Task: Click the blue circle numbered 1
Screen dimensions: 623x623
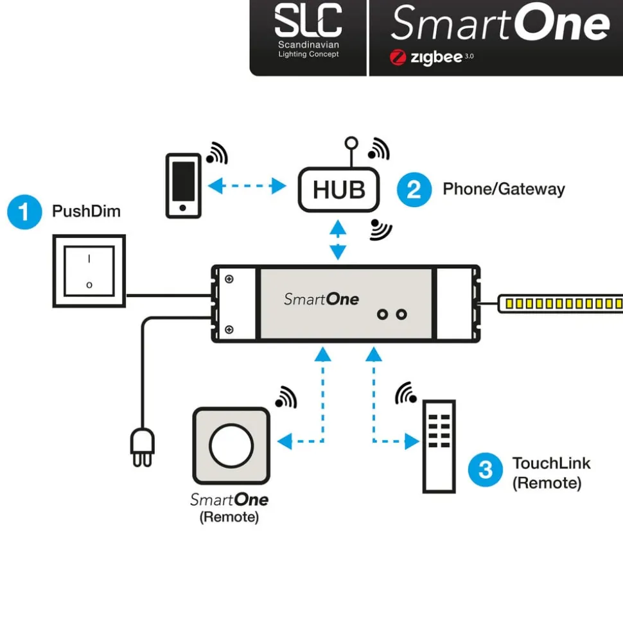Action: point(24,212)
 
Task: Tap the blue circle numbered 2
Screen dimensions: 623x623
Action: point(414,189)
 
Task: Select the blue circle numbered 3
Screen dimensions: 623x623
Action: point(486,470)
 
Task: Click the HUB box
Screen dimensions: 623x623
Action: point(338,190)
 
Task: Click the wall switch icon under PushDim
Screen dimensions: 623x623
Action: point(89,270)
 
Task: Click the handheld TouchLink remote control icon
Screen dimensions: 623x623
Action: point(439,447)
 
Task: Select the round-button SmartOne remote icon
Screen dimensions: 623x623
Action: point(231,445)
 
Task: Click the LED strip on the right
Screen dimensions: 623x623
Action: point(563,303)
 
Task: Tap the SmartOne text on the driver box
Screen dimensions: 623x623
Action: point(321,299)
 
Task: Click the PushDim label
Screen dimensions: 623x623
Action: point(86,211)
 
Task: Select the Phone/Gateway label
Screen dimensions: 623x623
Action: point(504,189)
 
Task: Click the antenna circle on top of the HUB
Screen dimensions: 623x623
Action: point(349,142)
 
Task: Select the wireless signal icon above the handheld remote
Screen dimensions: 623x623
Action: point(406,393)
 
